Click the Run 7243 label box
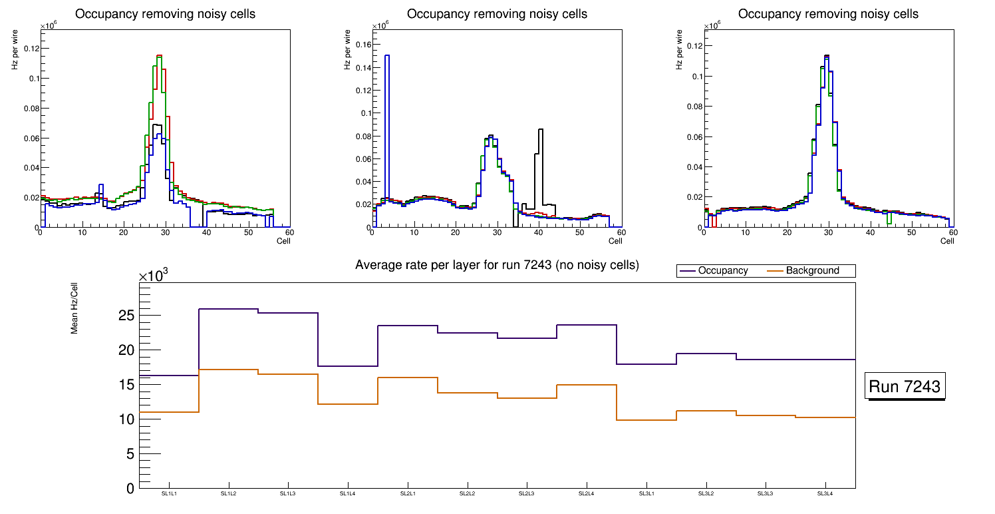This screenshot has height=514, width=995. coord(906,387)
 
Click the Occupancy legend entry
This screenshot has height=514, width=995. coord(722,270)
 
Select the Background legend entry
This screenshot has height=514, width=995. coord(812,270)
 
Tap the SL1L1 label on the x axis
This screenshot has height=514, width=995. coord(169,493)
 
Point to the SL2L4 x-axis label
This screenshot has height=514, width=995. coord(587,493)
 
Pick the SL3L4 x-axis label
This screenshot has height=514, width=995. coord(825,493)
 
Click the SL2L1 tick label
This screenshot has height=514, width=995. coord(408,493)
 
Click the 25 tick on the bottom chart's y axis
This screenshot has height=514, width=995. coord(126,316)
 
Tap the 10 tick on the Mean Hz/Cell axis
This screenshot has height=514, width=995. coord(126,419)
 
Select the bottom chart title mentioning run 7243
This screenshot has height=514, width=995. coord(497,265)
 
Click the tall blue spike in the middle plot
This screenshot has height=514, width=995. coord(387,60)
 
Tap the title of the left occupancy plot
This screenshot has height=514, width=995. coord(165,14)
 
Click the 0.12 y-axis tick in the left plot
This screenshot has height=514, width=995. coord(31,49)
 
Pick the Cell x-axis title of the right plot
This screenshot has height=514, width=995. coord(947,240)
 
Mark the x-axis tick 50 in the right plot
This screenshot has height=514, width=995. coord(912,233)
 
